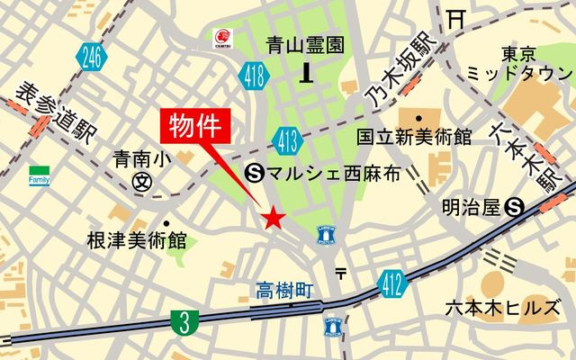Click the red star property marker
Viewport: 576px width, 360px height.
click(x=274, y=218)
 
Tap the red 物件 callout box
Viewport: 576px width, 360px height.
click(x=195, y=125)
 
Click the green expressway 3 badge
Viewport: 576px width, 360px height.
click(x=184, y=321)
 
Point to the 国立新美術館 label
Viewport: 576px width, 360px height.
click(x=413, y=137)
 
